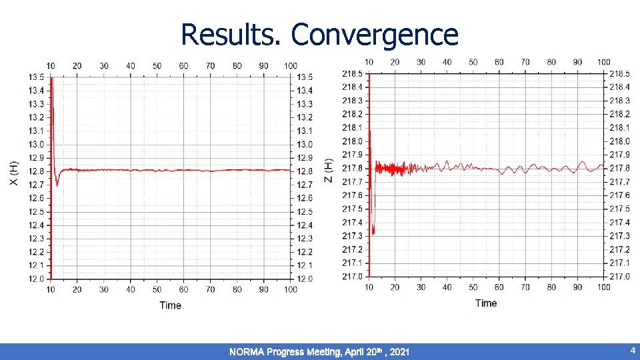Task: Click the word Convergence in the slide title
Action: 375,35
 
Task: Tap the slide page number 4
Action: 632,350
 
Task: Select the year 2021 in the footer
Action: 399,351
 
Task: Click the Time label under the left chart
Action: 170,305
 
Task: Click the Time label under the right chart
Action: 486,303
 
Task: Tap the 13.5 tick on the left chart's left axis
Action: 36,77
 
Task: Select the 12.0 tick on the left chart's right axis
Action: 304,279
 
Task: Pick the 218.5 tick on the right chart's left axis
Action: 352,73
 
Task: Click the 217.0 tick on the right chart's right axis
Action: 620,276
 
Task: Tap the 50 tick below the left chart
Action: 157,289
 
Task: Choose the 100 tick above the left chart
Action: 290,65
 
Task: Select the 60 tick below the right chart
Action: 499,287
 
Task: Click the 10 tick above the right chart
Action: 369,62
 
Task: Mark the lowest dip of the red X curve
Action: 57,185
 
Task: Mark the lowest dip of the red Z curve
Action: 373,233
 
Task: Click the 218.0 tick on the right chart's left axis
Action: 352,141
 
